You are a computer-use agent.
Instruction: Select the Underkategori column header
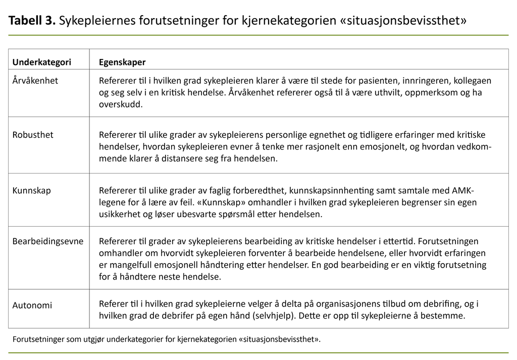tap(42, 63)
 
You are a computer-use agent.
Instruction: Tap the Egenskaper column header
tap(122, 63)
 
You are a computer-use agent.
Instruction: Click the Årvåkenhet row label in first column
tap(35, 81)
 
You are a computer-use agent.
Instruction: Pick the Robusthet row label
tap(33, 135)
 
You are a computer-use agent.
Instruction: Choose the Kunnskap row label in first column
tap(32, 191)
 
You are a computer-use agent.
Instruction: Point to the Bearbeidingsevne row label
tap(48, 241)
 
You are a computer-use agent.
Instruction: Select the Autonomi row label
tap(32, 305)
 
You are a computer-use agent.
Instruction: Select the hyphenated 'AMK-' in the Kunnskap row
tap(463, 191)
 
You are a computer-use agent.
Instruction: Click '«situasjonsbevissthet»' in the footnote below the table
tap(275, 339)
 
